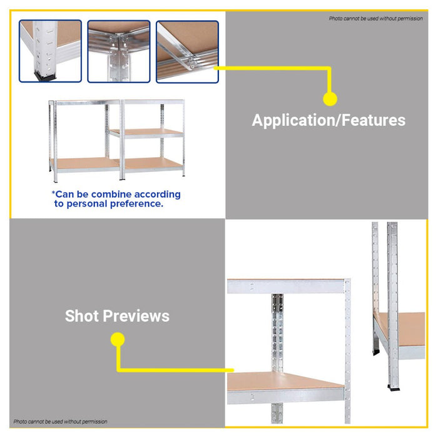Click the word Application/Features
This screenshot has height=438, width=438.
tap(328, 120)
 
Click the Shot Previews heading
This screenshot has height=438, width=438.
tap(117, 316)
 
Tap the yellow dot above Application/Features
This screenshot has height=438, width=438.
tap(330, 98)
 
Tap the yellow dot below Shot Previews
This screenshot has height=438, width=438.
tap(117, 340)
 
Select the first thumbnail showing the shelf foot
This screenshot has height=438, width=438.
tap(51, 51)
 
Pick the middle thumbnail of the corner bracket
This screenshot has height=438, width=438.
tap(119, 51)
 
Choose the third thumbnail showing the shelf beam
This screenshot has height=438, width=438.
tap(187, 51)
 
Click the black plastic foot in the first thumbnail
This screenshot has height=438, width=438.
tap(43, 77)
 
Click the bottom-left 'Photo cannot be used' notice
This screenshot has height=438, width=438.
tap(60, 422)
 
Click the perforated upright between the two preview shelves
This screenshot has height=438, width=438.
tap(277, 332)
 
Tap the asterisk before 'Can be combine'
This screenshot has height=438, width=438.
tap(54, 193)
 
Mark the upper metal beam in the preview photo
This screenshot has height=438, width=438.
tap(285, 287)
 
